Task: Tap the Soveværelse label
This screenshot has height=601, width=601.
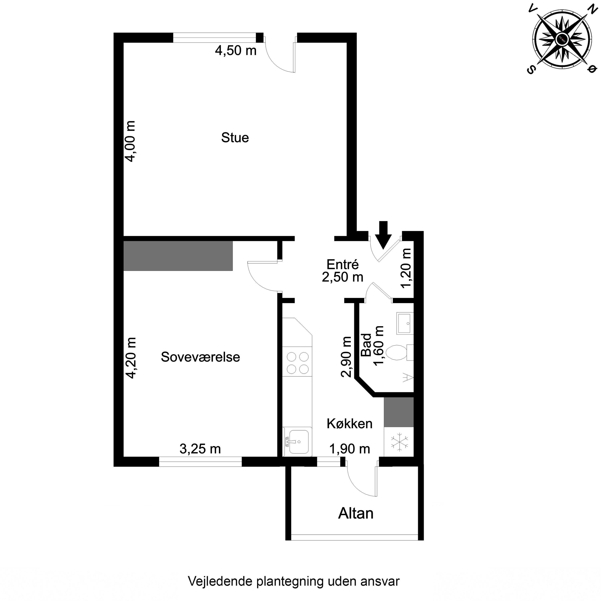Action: (x=200, y=357)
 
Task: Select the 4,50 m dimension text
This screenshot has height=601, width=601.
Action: (x=235, y=50)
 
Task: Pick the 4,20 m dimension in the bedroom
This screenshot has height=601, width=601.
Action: (x=130, y=358)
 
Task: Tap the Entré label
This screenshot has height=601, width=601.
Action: (x=343, y=265)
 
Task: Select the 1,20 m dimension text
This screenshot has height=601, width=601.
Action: (x=406, y=268)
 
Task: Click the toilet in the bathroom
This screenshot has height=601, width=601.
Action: (x=397, y=352)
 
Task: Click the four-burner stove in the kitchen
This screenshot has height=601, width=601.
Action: (x=297, y=363)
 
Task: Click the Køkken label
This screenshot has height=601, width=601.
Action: (x=349, y=424)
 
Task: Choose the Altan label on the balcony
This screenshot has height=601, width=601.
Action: (x=356, y=514)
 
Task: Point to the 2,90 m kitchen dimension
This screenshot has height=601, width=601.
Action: (x=346, y=357)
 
